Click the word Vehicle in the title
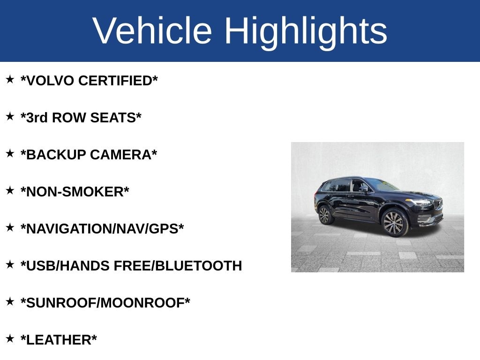pyautogui.click(x=152, y=31)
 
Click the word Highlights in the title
pyautogui.click(x=306, y=31)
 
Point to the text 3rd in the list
pyautogui.click(x=36, y=118)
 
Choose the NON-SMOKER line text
pyautogui.click(x=75, y=192)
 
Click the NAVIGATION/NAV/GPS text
pyautogui.click(x=102, y=229)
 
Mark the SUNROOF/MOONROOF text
pyautogui.click(x=105, y=303)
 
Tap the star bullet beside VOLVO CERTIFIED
pyautogui.click(x=10, y=79)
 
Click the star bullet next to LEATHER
pyautogui.click(x=10, y=338)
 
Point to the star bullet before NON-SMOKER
pyautogui.click(x=10, y=190)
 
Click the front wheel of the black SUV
pyautogui.click(x=394, y=222)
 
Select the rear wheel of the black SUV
pyautogui.click(x=324, y=215)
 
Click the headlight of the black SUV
pyautogui.click(x=418, y=202)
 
